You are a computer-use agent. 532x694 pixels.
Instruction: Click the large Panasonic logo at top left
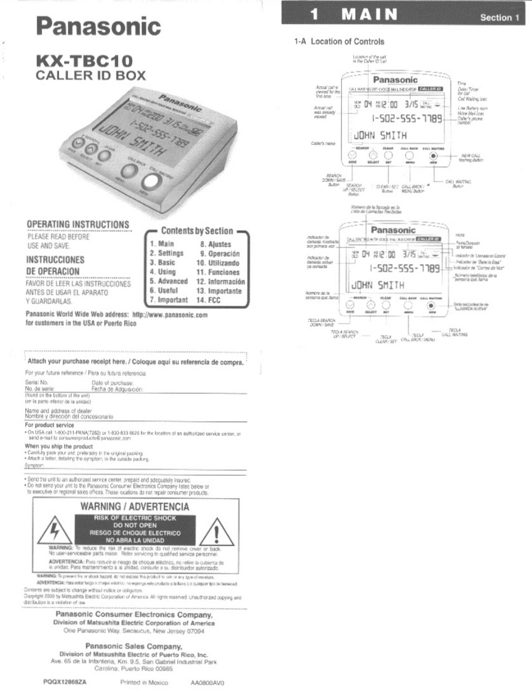coord(98,26)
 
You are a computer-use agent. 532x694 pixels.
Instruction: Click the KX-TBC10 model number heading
coord(84,60)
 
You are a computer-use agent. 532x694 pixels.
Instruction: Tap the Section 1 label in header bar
coord(499,17)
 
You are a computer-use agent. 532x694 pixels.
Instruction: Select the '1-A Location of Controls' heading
coord(339,41)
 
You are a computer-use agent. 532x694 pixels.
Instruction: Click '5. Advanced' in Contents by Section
coord(168,281)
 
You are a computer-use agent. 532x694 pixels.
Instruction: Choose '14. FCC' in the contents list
coord(208,300)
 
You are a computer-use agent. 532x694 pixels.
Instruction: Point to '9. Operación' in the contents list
coord(220,253)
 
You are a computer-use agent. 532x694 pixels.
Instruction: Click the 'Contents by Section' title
coord(197,231)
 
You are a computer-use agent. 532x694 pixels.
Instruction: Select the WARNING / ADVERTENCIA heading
coord(134,506)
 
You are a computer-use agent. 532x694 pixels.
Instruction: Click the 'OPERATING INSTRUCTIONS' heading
coord(78,224)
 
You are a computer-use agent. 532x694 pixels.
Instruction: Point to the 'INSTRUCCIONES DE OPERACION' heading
coord(55,266)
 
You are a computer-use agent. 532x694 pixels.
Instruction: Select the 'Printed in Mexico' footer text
coord(144,682)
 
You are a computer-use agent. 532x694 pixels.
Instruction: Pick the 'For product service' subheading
coord(49,425)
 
